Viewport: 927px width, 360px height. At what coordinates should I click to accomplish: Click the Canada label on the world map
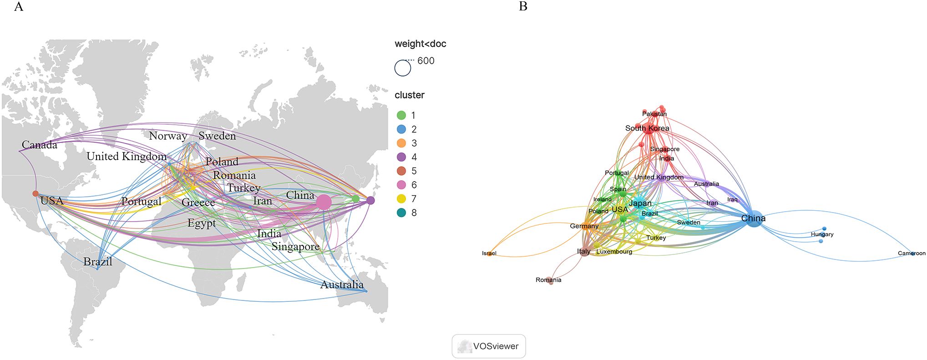coord(40,145)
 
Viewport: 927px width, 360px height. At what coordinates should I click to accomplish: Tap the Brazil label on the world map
coord(97,262)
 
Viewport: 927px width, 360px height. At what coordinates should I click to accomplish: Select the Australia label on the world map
coord(342,285)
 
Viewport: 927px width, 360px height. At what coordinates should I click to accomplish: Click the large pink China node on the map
coord(324,202)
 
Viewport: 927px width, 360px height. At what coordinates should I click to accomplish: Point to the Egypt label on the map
coord(202,223)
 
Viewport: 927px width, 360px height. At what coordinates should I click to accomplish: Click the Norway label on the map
coord(168,136)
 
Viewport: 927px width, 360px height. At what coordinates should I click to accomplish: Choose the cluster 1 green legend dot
coord(401,116)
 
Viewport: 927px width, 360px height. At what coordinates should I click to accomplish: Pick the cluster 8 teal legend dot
coord(401,213)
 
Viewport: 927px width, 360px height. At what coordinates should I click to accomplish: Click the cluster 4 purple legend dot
coord(401,157)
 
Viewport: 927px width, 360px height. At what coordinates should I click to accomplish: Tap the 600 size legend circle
coord(402,68)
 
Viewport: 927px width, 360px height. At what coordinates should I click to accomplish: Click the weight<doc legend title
coord(420,44)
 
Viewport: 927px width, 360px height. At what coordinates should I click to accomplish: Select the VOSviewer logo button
coord(488,346)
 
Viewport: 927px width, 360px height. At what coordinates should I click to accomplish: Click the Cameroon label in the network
coord(912,254)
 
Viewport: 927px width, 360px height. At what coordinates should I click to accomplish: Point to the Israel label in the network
coord(489,254)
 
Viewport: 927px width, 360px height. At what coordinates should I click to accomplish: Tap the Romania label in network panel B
coord(548,280)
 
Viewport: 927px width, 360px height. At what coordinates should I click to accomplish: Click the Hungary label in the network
coord(822,234)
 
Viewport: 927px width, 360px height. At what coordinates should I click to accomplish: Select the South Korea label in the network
coord(647,128)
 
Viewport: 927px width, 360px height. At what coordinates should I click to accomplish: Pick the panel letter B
coord(523,7)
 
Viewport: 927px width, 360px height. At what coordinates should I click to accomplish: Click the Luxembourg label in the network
coord(614,252)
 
